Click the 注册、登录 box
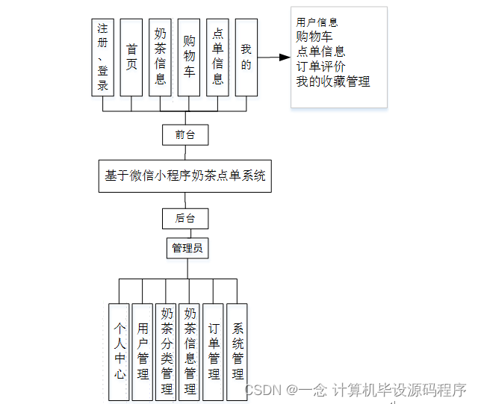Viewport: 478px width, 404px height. tap(102, 58)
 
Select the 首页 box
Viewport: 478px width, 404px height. tap(131, 58)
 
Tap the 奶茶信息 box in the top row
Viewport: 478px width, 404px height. tap(160, 58)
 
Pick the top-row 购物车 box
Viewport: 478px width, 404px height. tap(189, 58)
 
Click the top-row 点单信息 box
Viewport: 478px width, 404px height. tap(217, 58)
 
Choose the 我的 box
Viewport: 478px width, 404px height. tap(246, 58)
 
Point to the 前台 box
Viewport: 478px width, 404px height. tap(185, 135)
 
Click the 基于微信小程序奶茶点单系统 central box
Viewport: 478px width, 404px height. tap(185, 176)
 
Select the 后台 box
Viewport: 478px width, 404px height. tap(185, 219)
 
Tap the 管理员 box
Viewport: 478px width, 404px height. tap(187, 248)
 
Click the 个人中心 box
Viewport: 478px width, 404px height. tap(119, 349)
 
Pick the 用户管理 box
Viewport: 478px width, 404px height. tap(142, 349)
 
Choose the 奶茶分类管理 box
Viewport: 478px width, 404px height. tap(166, 349)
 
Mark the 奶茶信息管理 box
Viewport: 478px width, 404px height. tap(190, 349)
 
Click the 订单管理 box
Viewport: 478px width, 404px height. tap(214, 349)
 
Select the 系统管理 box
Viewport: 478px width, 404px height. tap(237, 349)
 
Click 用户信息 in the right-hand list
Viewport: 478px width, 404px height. tap(317, 22)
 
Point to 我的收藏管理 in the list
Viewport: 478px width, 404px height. tap(333, 81)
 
